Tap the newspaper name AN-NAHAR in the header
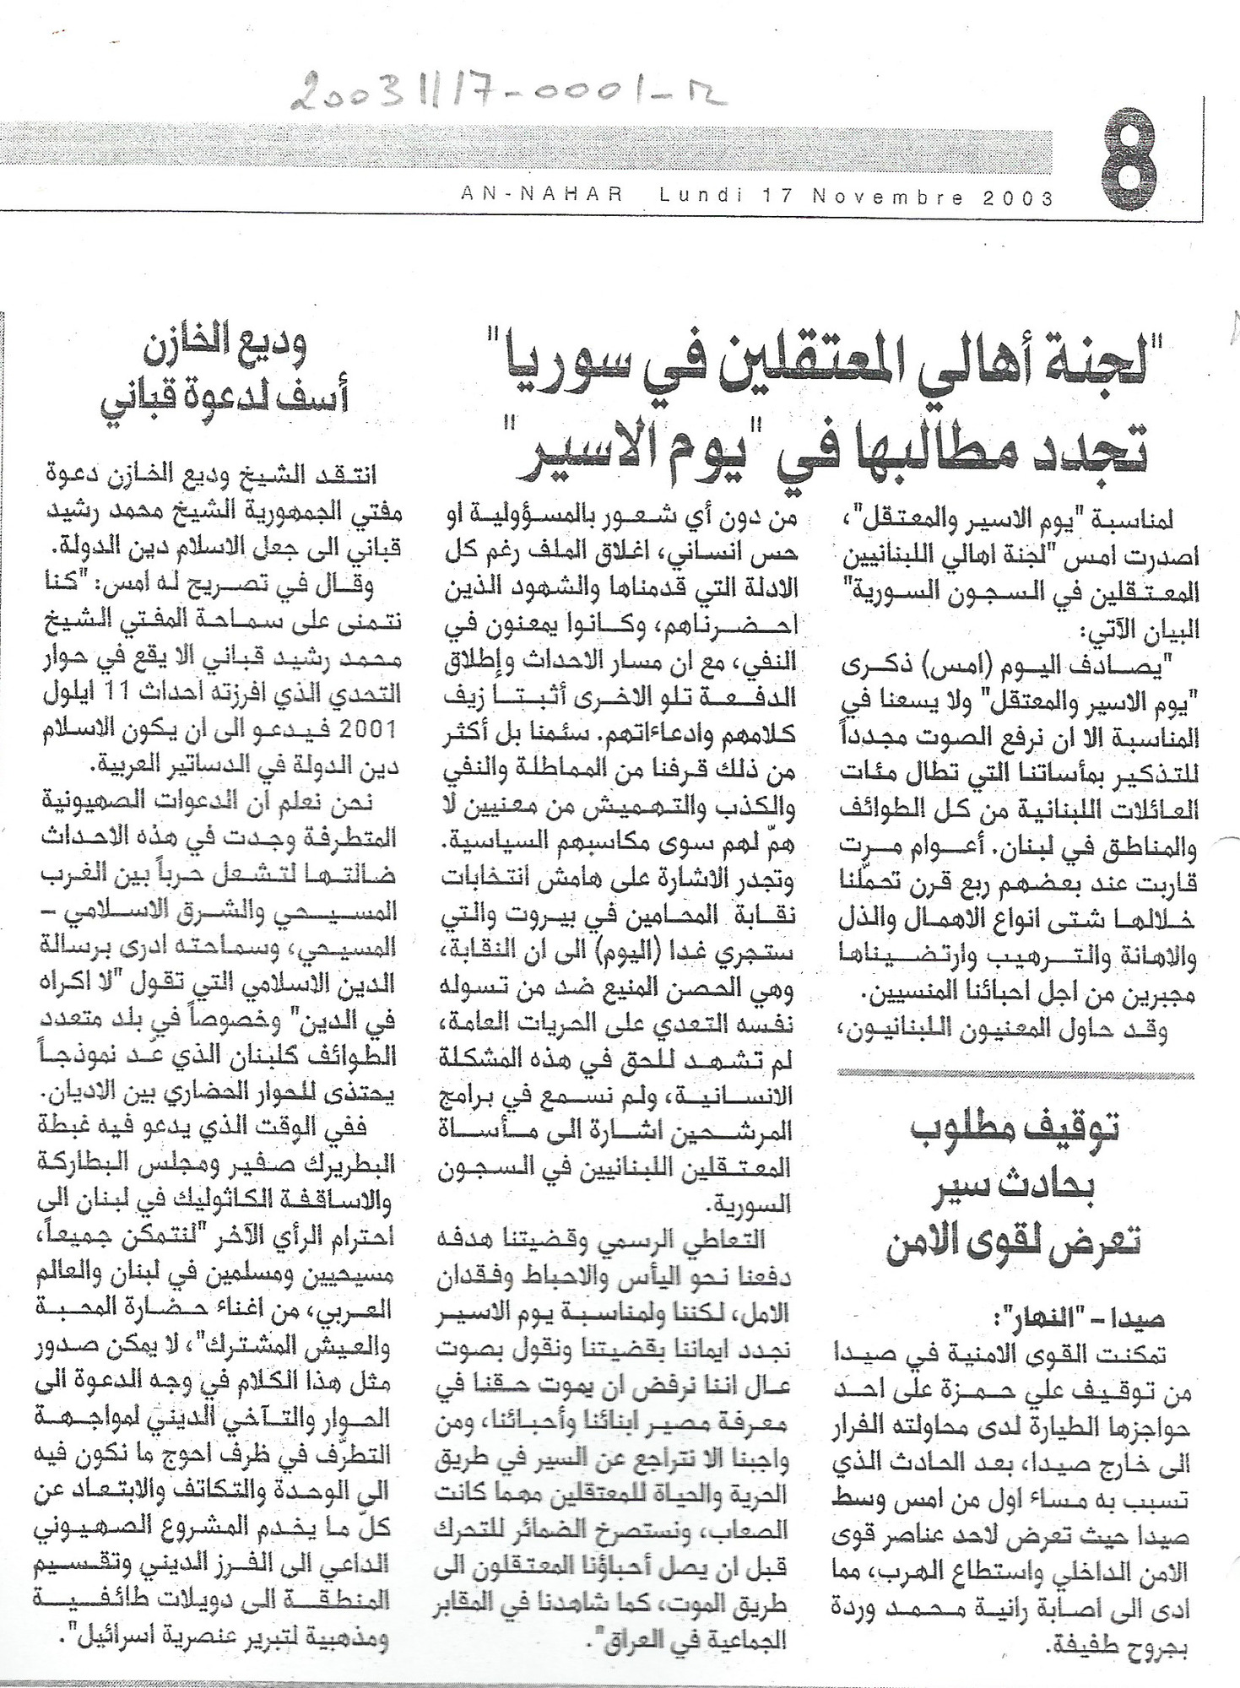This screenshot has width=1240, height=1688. tap(541, 197)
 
